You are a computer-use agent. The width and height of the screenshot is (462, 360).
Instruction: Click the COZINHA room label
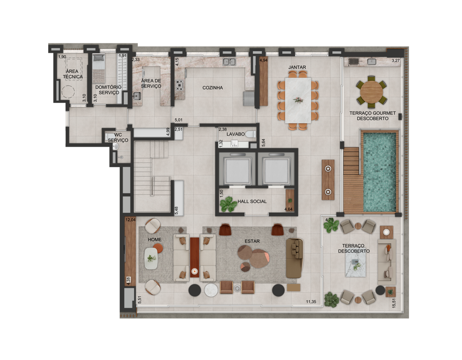213,88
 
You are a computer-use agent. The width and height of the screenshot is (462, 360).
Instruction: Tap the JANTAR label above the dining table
297,67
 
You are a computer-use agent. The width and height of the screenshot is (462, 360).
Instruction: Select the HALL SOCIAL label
252,201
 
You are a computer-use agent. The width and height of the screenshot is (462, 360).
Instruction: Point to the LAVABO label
235,134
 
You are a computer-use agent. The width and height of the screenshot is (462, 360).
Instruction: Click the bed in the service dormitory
99,68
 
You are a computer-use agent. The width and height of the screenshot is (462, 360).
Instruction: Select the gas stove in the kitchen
179,85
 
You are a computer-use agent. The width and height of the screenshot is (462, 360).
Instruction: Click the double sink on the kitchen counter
229,62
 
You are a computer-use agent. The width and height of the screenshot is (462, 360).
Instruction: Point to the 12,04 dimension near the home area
131,220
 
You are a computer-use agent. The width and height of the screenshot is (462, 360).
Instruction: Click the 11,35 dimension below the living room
311,302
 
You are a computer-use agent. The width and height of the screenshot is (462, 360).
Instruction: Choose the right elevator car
276,171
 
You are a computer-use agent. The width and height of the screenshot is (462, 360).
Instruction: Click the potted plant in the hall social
228,204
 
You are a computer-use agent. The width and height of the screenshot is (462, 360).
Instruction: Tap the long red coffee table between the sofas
194,257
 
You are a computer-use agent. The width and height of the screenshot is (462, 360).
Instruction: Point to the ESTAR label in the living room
252,241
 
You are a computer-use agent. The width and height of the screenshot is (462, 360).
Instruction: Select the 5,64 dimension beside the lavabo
264,143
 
